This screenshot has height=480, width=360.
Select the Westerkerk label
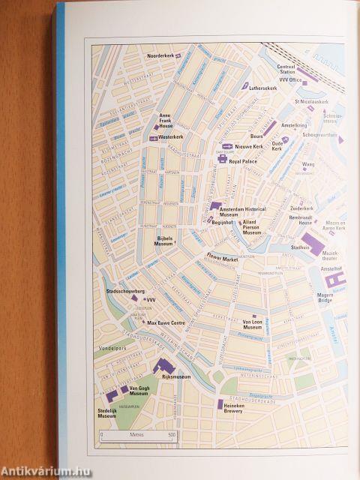[x=171, y=137]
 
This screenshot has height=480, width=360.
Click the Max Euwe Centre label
[x=166, y=322]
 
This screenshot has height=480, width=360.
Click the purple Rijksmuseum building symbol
[x=164, y=366]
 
